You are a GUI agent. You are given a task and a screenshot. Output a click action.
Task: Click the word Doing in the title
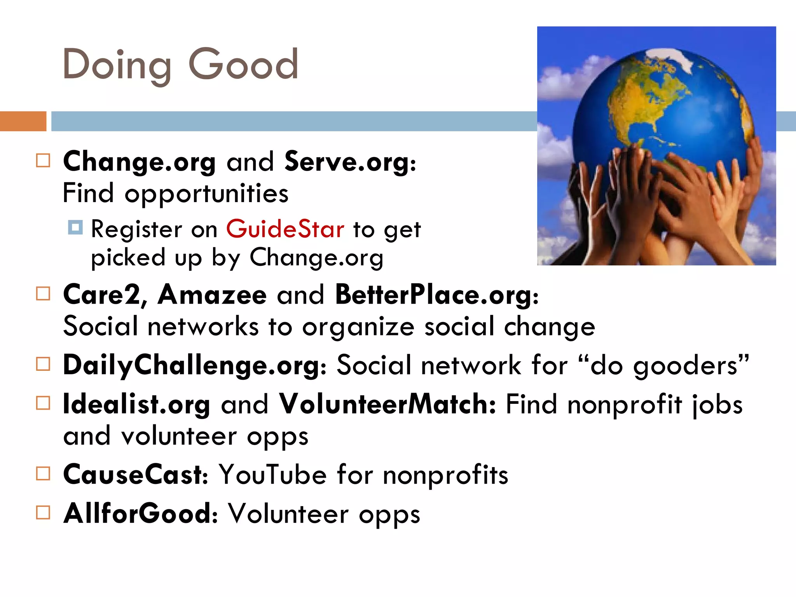(117, 65)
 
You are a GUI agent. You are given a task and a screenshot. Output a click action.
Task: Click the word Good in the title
(243, 65)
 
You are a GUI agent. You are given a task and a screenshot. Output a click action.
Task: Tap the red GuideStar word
(285, 229)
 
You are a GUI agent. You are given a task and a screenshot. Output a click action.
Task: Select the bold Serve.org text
(350, 162)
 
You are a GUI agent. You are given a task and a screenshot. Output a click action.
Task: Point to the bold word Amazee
(212, 295)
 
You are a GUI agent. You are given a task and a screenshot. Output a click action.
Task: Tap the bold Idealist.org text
(136, 405)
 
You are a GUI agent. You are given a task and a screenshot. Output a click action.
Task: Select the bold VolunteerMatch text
(387, 405)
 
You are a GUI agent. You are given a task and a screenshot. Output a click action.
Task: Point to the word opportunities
(206, 194)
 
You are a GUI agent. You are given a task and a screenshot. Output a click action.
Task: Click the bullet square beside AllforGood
(43, 513)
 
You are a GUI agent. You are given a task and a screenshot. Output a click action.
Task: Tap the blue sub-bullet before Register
(75, 227)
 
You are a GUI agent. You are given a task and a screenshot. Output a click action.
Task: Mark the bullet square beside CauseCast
(43, 474)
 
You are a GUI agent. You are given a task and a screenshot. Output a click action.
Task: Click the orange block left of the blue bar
(23, 121)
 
